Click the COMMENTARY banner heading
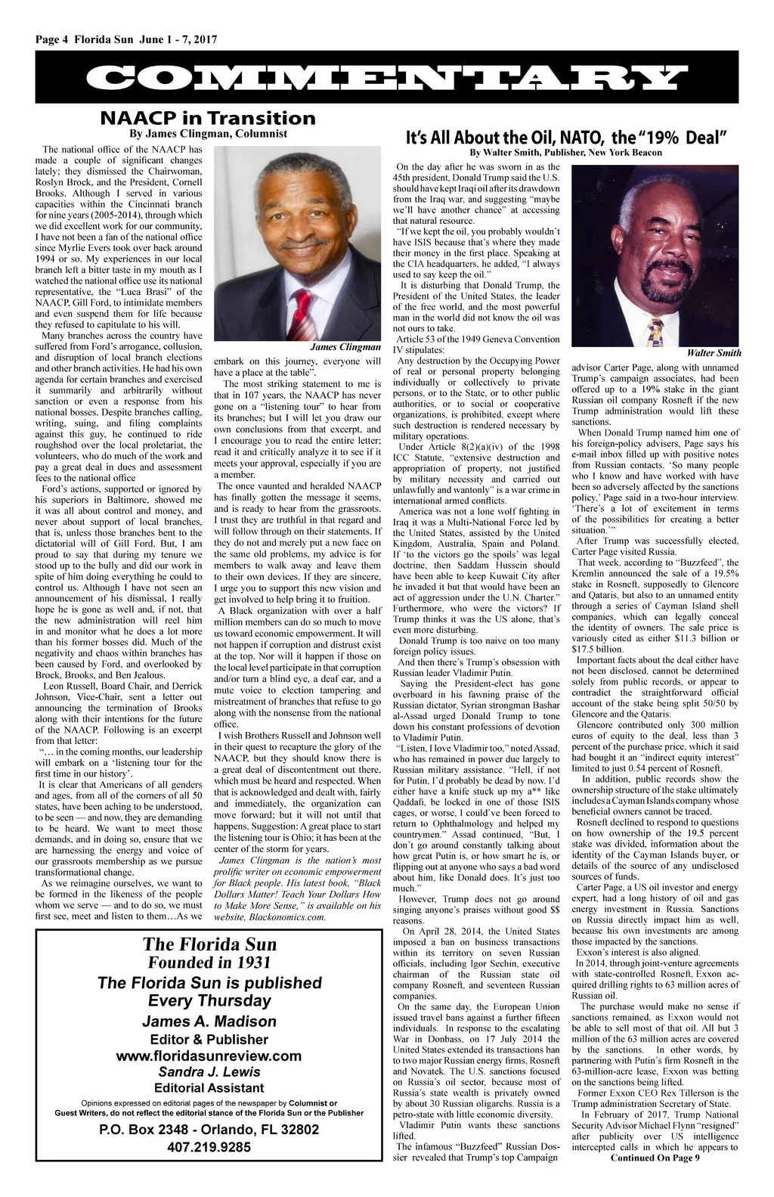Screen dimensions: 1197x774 (386, 79)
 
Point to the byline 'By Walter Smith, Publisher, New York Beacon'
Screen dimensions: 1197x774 (566, 152)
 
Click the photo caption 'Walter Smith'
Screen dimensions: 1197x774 (714, 353)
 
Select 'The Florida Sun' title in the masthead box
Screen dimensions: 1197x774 (209, 944)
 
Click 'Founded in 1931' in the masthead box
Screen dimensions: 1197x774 (209, 963)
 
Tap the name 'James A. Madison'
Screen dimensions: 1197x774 (209, 1022)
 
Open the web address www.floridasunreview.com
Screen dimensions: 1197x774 (209, 1056)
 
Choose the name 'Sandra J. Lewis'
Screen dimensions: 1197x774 (209, 1072)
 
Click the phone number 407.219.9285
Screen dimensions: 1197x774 (209, 1147)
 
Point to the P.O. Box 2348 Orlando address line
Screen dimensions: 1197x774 (209, 1130)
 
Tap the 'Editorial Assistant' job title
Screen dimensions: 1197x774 (209, 1088)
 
